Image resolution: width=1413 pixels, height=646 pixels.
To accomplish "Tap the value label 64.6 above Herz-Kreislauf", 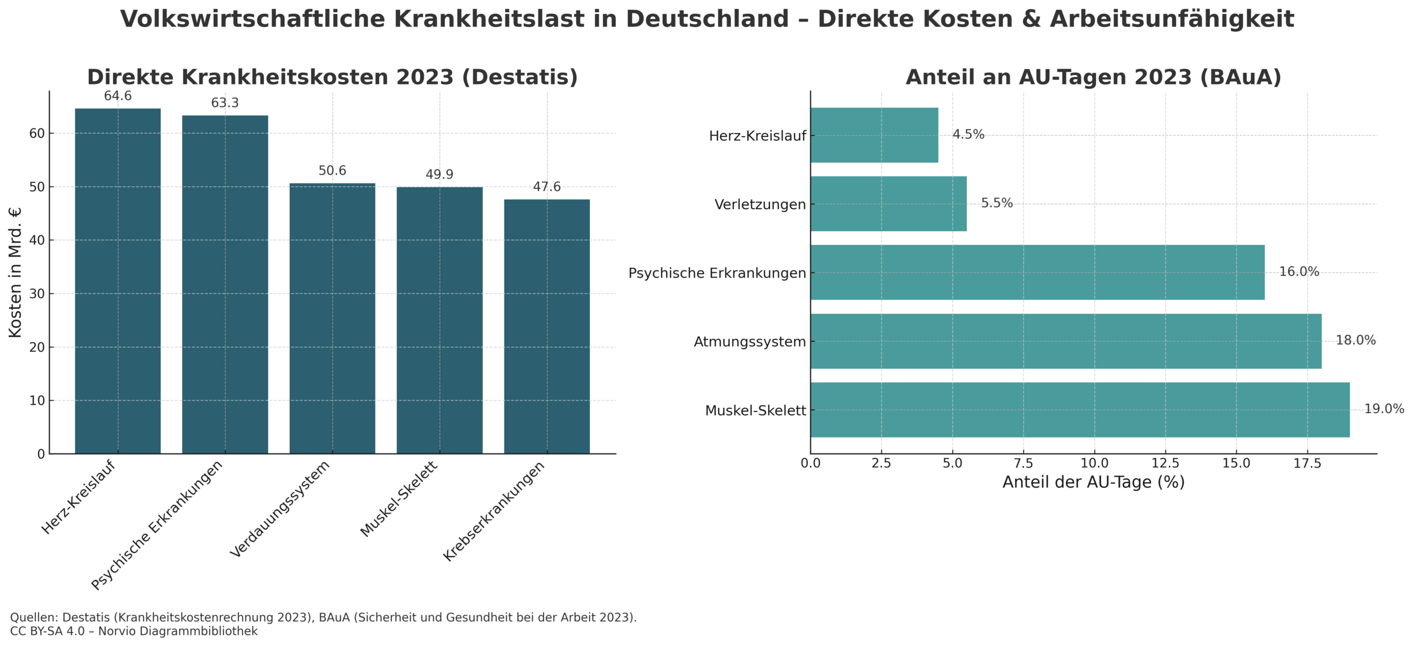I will (x=118, y=96).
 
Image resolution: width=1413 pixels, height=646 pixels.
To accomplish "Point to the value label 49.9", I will (x=439, y=174).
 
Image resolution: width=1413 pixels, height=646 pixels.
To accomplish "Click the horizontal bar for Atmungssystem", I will (x=1065, y=341).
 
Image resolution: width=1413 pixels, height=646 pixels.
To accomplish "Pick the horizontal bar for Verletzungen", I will (x=888, y=204).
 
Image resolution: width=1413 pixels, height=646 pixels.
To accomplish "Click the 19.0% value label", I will (x=1383, y=409).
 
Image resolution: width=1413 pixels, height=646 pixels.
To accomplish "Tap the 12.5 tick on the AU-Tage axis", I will (x=1165, y=463).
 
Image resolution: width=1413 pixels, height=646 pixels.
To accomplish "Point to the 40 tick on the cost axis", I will (x=37, y=241).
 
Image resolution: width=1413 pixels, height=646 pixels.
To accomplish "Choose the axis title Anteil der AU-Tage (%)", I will (x=1093, y=482).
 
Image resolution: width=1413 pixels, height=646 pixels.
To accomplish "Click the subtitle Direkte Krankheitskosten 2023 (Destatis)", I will (x=332, y=77).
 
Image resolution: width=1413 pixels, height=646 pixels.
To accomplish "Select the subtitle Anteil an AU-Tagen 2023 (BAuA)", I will (x=1093, y=77).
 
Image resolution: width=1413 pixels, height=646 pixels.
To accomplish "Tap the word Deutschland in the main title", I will (x=707, y=19).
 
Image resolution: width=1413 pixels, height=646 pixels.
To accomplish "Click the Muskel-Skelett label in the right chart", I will (x=755, y=410).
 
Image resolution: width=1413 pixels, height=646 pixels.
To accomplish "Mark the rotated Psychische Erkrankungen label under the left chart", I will (x=157, y=524).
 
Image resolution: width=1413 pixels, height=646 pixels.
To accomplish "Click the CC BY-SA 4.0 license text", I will (x=47, y=631).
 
